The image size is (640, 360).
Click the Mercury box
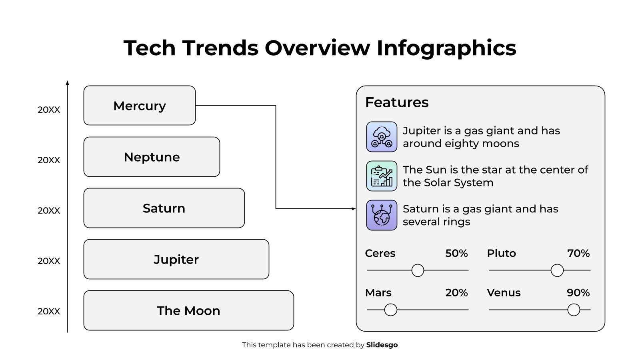139,106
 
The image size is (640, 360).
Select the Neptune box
152,157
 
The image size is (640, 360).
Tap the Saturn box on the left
164,208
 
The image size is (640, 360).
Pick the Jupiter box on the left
176,259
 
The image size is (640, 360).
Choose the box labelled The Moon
188,310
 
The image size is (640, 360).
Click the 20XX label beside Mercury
49,110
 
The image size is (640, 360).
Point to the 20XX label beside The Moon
49,311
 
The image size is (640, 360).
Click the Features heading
397,102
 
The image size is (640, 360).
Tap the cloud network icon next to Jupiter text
382,137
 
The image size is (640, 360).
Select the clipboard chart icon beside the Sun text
382,176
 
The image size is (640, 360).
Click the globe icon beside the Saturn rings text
382,215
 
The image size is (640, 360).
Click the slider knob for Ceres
418,270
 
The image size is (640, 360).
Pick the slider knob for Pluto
557,270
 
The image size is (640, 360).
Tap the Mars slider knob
390,310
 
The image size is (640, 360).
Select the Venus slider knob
574,310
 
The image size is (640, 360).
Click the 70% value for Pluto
578,253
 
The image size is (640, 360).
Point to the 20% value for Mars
456,293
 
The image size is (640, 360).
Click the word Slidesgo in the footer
382,345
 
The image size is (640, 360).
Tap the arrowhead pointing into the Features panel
353,208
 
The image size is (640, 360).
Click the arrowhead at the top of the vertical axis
67,83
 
